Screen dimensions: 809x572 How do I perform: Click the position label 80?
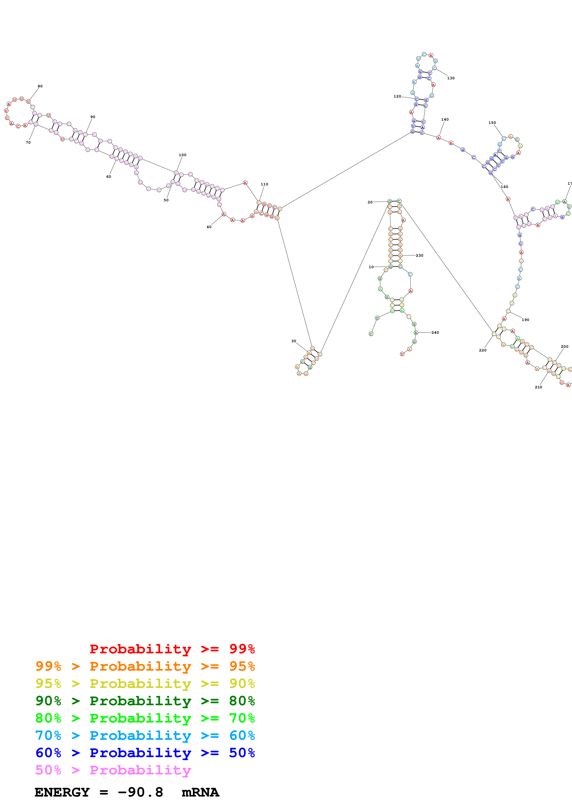[40, 86]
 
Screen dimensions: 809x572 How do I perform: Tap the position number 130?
[451, 78]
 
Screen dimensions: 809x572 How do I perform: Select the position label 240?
[435, 333]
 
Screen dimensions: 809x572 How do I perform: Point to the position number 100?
[183, 155]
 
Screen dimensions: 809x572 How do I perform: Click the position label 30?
[293, 341]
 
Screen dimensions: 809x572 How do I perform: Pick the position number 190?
[525, 320]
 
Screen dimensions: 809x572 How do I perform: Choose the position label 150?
[492, 123]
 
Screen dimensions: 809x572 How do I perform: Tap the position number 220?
[482, 350]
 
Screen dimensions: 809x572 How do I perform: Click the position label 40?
[209, 227]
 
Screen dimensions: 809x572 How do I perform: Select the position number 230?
[419, 256]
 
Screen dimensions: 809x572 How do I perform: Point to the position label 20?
[370, 202]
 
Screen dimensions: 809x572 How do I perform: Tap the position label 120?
[397, 96]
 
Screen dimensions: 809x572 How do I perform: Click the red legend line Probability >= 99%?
[172, 649]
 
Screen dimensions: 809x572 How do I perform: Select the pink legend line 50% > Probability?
[113, 770]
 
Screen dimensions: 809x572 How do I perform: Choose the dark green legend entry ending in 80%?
[145, 701]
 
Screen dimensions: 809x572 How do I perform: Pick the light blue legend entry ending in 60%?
[145, 735]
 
